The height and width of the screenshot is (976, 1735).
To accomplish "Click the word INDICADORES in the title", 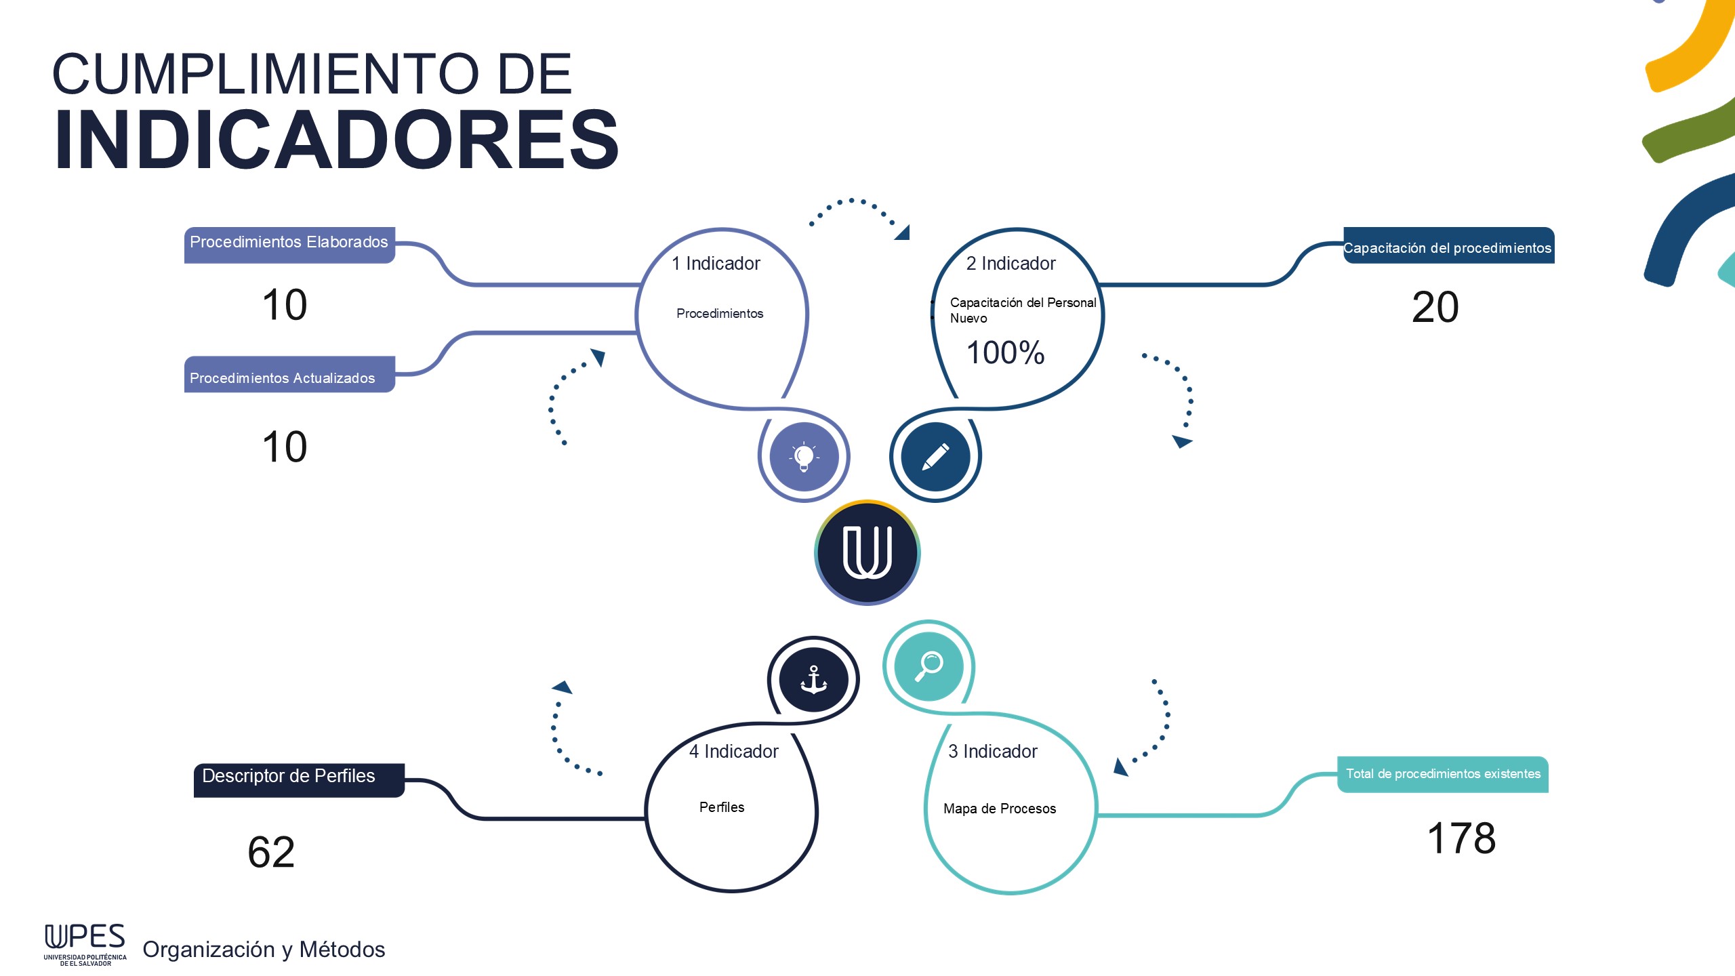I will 337,140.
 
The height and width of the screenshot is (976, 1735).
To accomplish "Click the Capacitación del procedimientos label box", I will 1448,247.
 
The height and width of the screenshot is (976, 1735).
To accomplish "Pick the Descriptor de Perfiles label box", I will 298,778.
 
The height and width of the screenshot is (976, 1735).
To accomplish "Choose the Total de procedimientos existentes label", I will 1443,774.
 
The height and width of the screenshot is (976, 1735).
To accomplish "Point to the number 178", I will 1461,838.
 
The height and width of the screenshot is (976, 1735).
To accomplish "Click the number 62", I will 271,852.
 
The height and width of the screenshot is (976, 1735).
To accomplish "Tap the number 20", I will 1435,307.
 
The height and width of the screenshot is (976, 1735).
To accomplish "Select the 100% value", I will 1005,352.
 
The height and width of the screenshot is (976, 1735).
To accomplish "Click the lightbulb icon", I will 804,457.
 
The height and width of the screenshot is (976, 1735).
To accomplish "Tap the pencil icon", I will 935,457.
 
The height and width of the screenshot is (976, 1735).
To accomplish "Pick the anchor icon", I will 813,679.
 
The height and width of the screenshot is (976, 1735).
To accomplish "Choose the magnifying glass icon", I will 928,666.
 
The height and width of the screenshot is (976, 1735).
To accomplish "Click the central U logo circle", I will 867,552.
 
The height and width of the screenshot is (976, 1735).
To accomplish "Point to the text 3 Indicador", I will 992,752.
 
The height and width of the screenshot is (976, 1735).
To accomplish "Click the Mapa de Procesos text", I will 1000,809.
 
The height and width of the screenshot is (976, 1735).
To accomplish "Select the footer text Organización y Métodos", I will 264,950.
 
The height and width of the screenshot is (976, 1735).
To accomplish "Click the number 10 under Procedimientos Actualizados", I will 285,447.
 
